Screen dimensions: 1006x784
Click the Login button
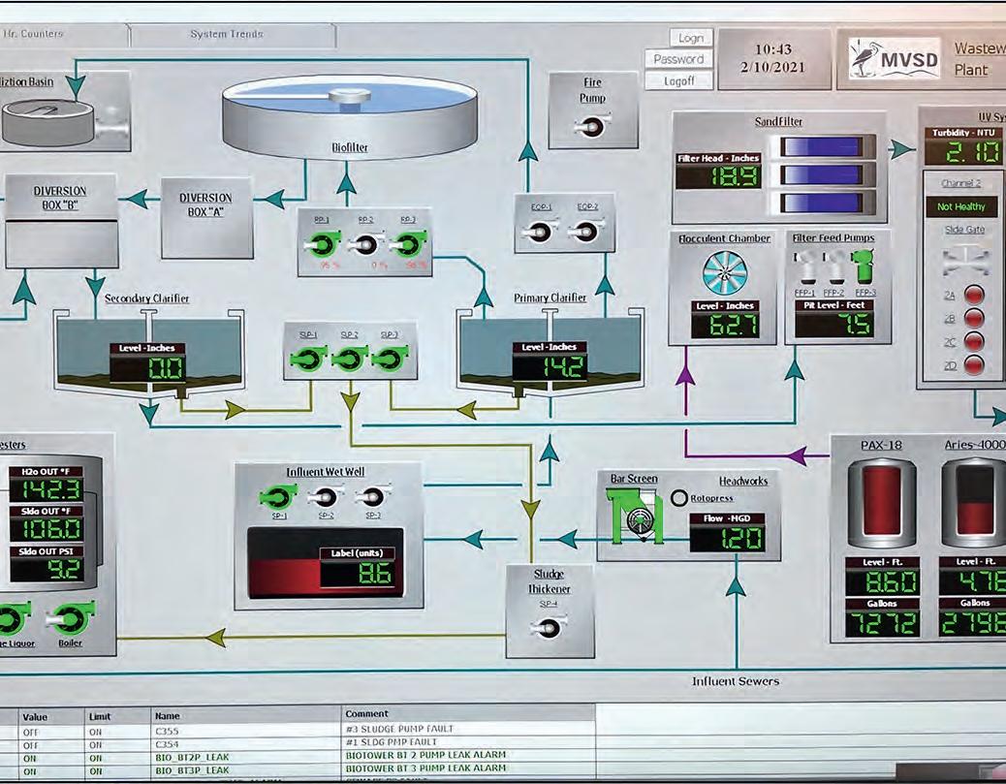[690, 38]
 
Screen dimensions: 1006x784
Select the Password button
[678, 59]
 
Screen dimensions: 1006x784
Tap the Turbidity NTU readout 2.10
[961, 151]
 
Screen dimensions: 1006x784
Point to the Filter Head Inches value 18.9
[717, 176]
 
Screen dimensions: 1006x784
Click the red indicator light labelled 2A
[975, 296]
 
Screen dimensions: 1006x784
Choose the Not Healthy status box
[960, 206]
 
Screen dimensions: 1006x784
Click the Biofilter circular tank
[349, 112]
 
